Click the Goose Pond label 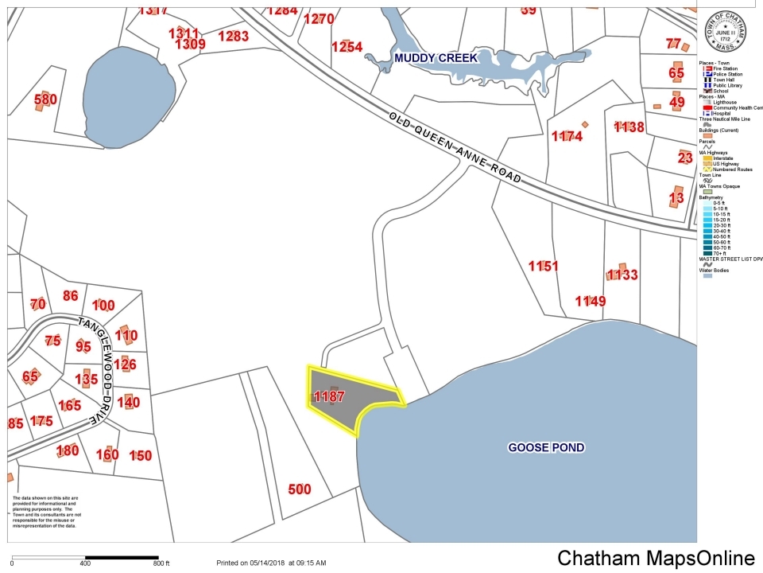pyautogui.click(x=546, y=447)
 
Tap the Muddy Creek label pyautogui.click(x=436, y=58)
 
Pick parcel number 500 pyautogui.click(x=299, y=489)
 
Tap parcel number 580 pyautogui.click(x=45, y=99)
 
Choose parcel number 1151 pyautogui.click(x=544, y=266)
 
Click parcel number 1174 pyautogui.click(x=567, y=136)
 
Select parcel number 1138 pyautogui.click(x=629, y=127)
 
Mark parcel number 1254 pyautogui.click(x=347, y=47)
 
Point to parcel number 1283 pyautogui.click(x=233, y=36)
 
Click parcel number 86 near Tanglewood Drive pyautogui.click(x=71, y=296)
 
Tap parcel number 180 pyautogui.click(x=68, y=450)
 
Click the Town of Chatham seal pyautogui.click(x=725, y=32)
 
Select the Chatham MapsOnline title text pyautogui.click(x=655, y=558)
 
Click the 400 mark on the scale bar pyautogui.click(x=85, y=563)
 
